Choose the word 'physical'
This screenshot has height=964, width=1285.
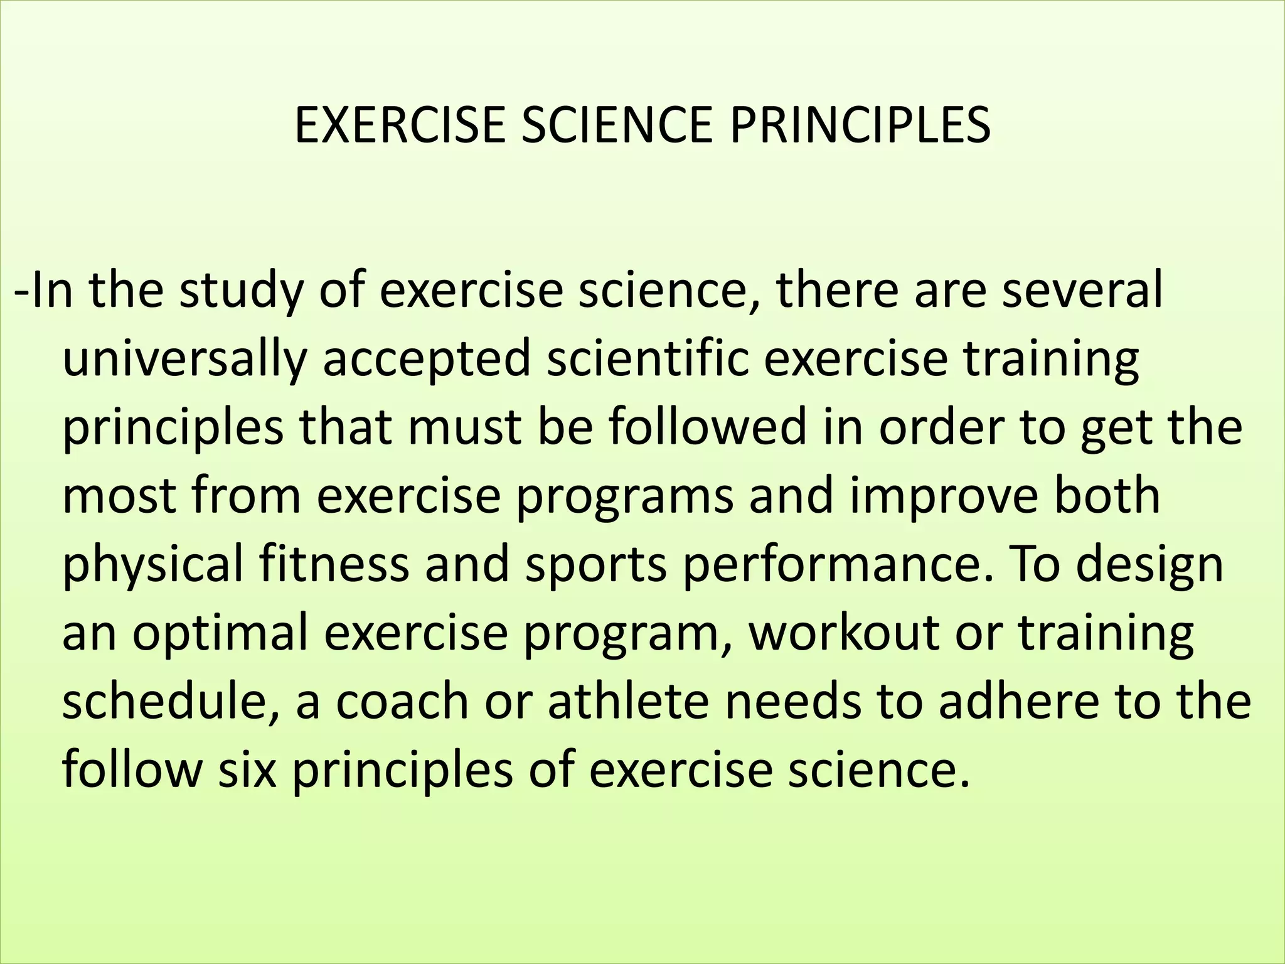point(152,565)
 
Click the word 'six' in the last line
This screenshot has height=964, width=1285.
point(247,769)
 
